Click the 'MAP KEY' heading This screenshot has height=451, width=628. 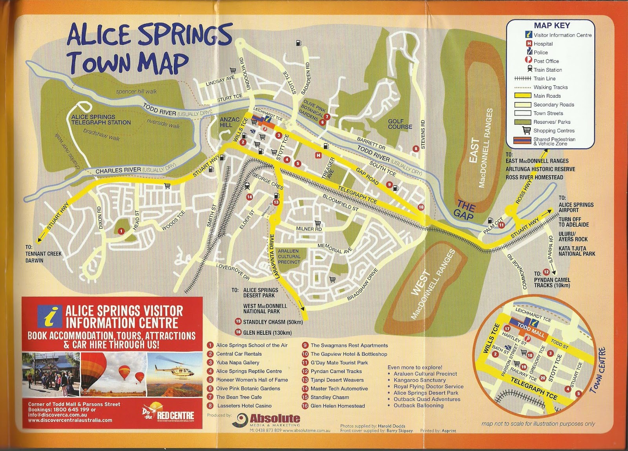tap(551, 26)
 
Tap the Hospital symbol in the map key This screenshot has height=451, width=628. tap(529, 44)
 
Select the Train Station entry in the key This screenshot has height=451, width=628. tap(547, 70)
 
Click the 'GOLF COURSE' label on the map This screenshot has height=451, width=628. tap(400, 124)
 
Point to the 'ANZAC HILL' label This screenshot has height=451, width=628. tap(229, 122)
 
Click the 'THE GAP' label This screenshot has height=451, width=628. tap(465, 210)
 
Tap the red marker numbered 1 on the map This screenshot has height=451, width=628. tap(121, 231)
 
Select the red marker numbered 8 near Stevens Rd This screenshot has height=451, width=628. tap(416, 149)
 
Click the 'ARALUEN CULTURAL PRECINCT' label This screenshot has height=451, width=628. tap(289, 256)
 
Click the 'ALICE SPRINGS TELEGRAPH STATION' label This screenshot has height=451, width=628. tap(101, 120)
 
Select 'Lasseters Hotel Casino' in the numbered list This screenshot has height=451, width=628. tap(244, 405)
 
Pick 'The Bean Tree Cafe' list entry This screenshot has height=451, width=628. tap(238, 397)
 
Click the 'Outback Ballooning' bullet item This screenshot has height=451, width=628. tap(418, 405)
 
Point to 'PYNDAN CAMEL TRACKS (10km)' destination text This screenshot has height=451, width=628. tap(551, 282)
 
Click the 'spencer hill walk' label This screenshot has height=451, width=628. tap(136, 91)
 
